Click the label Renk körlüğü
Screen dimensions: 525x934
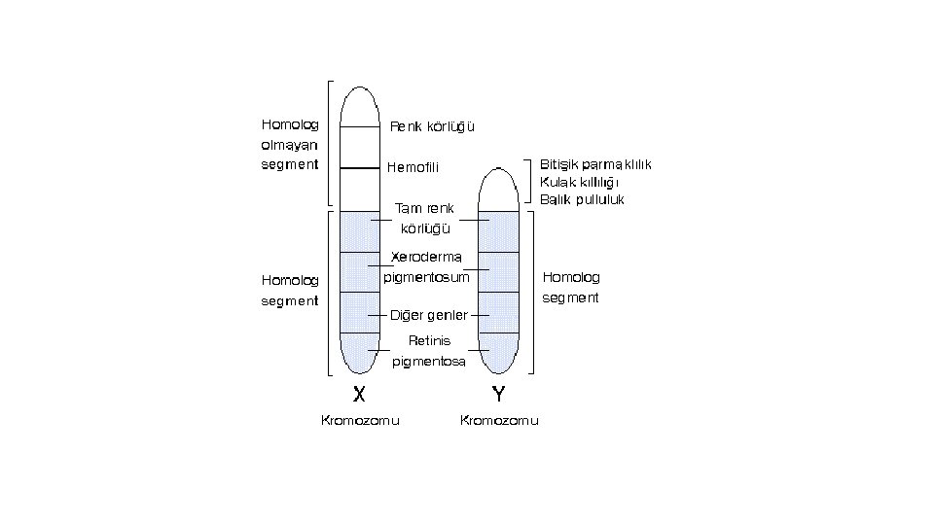(x=432, y=126)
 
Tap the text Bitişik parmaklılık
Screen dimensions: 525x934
(x=594, y=164)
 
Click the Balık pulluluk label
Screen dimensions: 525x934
(x=582, y=199)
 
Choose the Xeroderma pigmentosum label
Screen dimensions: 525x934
(x=426, y=267)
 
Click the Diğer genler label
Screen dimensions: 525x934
(x=428, y=315)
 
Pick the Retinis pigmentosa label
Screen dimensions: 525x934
(x=429, y=351)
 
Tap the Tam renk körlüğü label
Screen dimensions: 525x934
(x=423, y=219)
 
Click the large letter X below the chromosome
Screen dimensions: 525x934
(x=359, y=394)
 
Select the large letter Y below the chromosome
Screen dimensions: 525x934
(x=498, y=394)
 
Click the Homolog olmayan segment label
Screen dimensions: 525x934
(x=290, y=144)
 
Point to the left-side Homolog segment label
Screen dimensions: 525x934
(x=290, y=290)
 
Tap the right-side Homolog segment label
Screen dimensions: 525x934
(x=571, y=287)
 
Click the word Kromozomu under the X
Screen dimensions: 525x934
(x=360, y=421)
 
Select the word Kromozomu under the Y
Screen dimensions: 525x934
(x=498, y=421)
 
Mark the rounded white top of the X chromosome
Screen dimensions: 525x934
(x=359, y=102)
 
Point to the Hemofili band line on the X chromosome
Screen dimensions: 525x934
(x=359, y=168)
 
